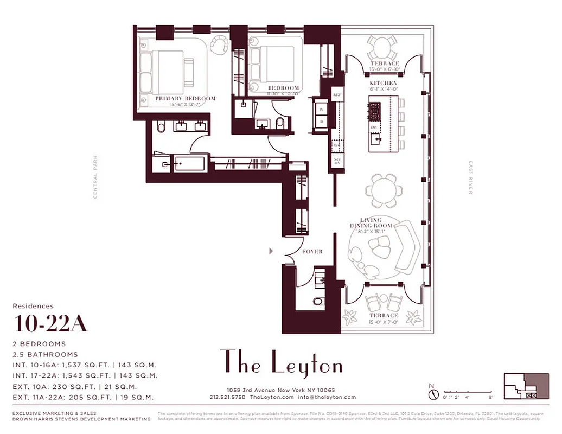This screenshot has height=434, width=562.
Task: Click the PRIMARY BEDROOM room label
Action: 185,99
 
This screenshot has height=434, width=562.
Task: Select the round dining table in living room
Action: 384,190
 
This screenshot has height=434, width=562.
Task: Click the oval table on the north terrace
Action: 384,49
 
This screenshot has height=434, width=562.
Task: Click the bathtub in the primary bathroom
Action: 189,163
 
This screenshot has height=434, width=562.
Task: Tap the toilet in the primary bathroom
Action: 160,127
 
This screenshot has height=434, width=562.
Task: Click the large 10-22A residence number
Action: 51,324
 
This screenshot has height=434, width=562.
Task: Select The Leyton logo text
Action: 281,362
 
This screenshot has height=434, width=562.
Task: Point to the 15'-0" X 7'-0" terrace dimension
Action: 384,322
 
